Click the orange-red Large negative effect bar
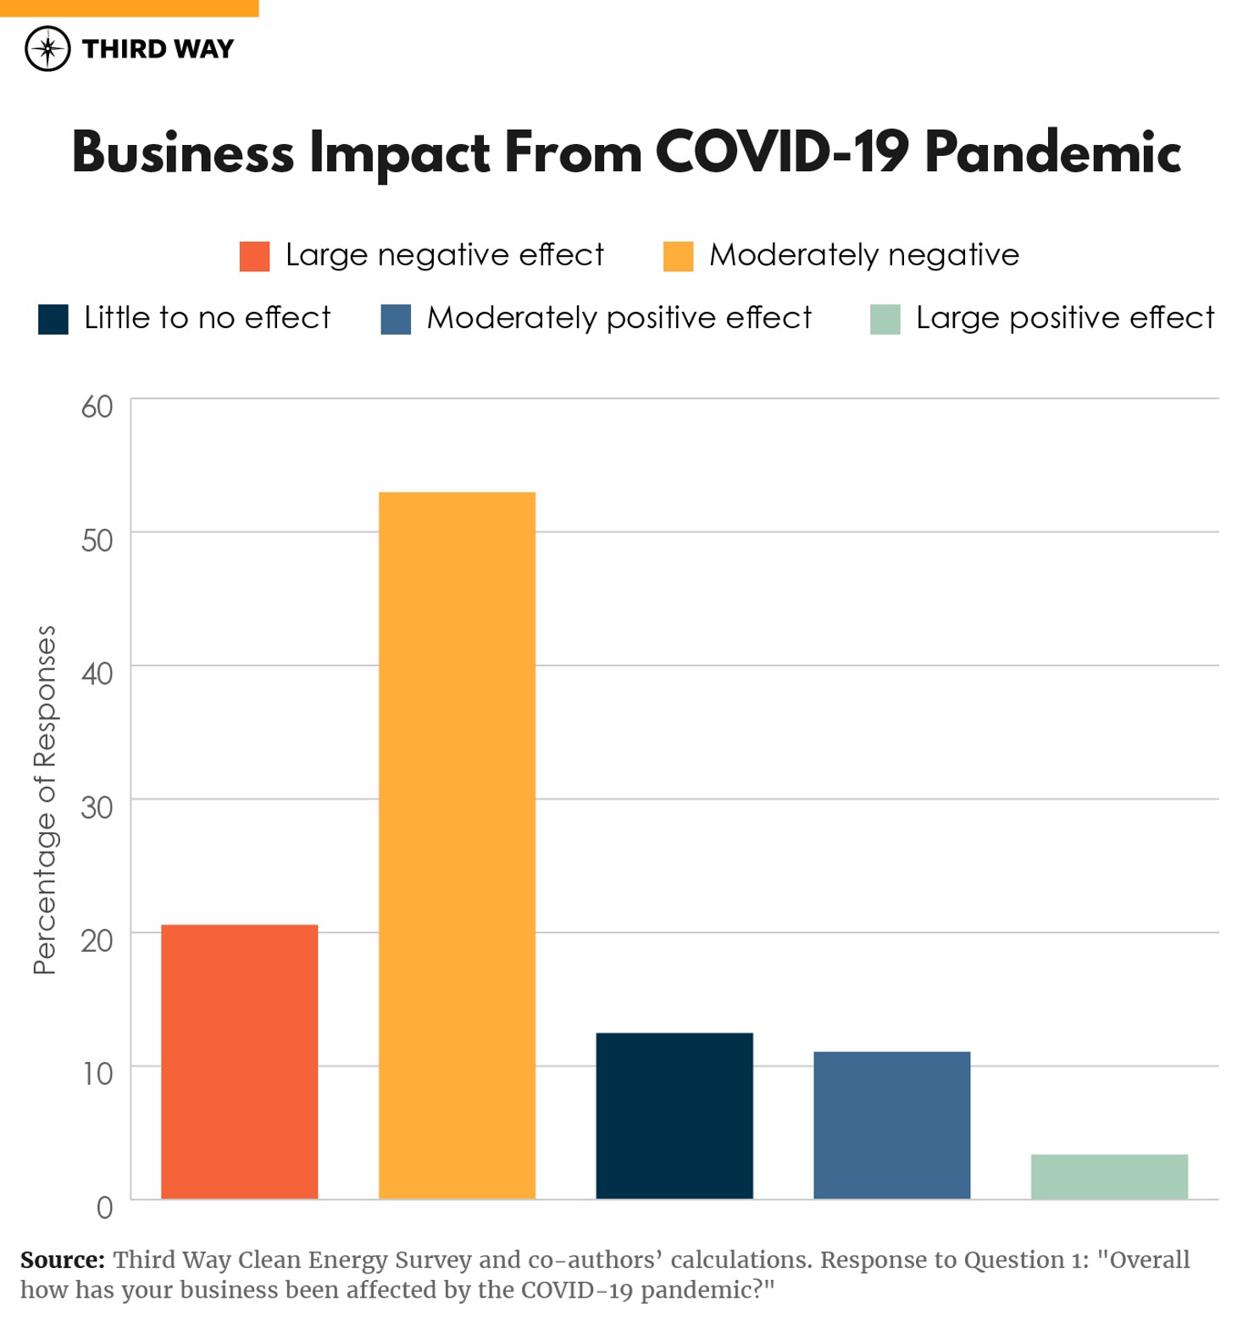(239, 1061)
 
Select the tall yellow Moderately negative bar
(457, 845)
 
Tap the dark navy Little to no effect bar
(674, 1116)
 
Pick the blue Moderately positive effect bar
(891, 1125)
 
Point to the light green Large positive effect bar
(1109, 1177)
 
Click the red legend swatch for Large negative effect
(254, 256)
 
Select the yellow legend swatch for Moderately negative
(678, 256)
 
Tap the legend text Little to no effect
(207, 318)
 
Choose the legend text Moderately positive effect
(619, 318)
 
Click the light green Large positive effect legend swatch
(885, 320)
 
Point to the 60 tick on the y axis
(97, 407)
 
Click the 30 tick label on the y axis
(97, 807)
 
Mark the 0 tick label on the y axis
(104, 1207)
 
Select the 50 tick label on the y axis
(97, 540)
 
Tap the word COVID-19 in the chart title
(781, 153)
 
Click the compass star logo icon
(47, 48)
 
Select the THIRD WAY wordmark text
(158, 49)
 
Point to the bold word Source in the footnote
(62, 1260)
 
